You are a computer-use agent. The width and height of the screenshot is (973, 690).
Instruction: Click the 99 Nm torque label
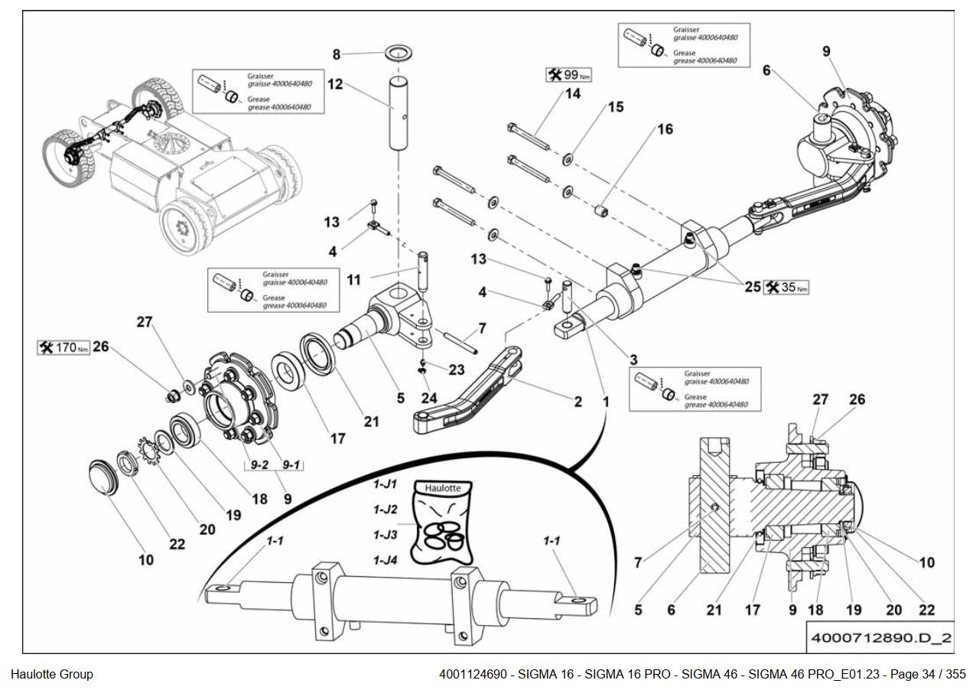coord(569,75)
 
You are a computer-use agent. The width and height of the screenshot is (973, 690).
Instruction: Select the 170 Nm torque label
coord(64,348)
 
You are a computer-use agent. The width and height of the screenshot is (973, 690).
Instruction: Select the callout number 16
coord(665,129)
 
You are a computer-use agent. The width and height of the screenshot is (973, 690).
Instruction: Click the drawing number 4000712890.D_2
coord(880,638)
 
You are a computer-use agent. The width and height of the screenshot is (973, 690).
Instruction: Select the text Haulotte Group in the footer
coord(52,674)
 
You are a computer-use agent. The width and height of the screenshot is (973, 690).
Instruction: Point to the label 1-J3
coord(386,534)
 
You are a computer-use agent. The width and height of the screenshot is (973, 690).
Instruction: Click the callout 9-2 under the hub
coord(255,464)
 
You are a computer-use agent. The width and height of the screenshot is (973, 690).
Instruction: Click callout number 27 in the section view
coord(821,399)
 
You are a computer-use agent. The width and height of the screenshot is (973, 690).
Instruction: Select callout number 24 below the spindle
coord(428,398)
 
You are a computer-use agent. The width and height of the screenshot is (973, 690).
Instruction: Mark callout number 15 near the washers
coord(615,108)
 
